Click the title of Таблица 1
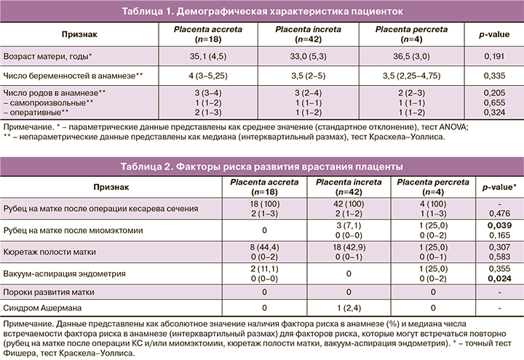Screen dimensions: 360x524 pyautogui.click(x=262, y=12)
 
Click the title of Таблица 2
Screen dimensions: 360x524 pyautogui.click(x=262, y=167)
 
